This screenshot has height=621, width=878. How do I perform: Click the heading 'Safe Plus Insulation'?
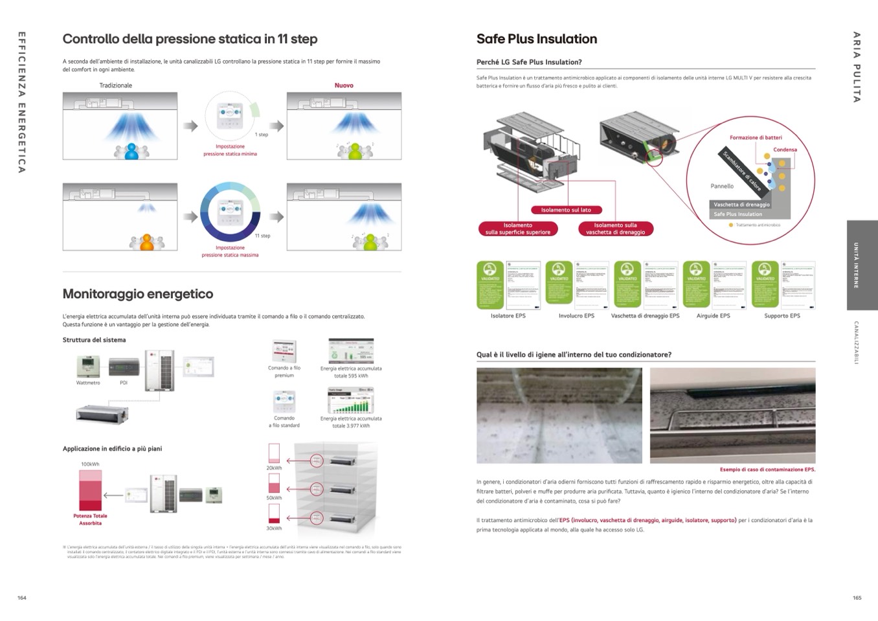click(536, 39)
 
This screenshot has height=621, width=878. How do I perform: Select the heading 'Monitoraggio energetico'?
click(137, 294)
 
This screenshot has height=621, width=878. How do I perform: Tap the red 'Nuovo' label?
click(344, 85)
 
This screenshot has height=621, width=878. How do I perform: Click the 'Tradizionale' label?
click(115, 85)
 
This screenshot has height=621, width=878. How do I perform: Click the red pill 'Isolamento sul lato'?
click(566, 210)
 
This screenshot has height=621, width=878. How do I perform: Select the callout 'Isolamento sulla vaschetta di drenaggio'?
click(615, 229)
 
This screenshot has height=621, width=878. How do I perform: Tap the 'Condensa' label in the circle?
click(785, 150)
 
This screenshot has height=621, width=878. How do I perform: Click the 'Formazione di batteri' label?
click(756, 137)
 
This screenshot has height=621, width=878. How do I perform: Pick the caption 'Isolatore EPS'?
click(508, 316)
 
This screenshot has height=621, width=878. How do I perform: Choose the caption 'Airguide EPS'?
click(713, 316)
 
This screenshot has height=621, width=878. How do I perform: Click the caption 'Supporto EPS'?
click(782, 316)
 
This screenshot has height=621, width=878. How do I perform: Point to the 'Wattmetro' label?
click(88, 383)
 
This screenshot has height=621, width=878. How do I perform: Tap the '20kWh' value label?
click(274, 468)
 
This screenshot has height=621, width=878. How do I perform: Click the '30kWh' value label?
click(274, 528)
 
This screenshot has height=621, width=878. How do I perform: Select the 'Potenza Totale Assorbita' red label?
click(90, 519)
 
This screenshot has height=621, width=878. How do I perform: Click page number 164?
click(22, 598)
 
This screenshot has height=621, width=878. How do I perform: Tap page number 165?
click(857, 598)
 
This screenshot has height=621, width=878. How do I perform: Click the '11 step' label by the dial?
click(262, 236)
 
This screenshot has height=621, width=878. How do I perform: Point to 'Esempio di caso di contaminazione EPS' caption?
click(767, 469)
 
